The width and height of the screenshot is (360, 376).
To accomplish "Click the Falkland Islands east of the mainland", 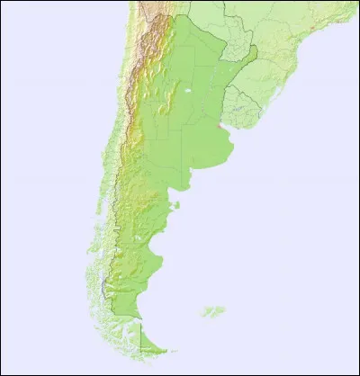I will pyautogui.click(x=213, y=312).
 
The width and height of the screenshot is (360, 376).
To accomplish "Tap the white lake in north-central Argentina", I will pyautogui.click(x=188, y=91).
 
